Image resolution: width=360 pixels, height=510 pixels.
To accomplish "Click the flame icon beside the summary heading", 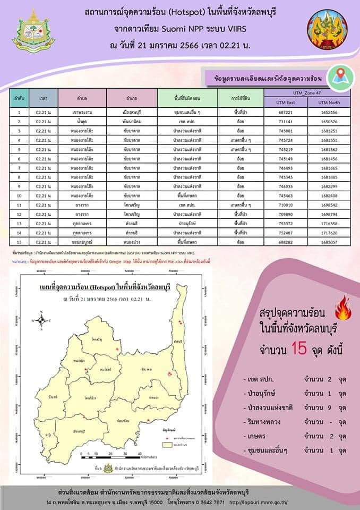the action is tap(341, 308).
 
